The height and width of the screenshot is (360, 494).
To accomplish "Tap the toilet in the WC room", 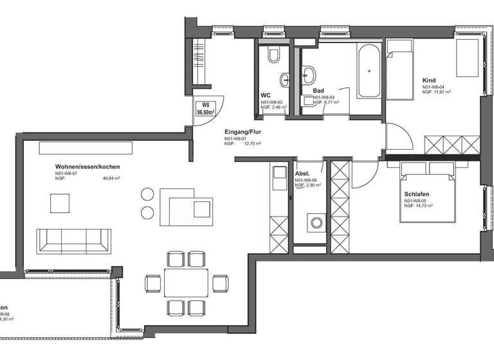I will (x=273, y=57).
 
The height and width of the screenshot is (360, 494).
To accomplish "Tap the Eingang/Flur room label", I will (x=242, y=130).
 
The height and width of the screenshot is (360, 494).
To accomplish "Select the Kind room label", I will (x=429, y=80).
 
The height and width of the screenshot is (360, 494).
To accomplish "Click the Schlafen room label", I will (x=417, y=194).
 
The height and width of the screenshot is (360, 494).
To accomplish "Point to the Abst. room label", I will (x=302, y=174).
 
